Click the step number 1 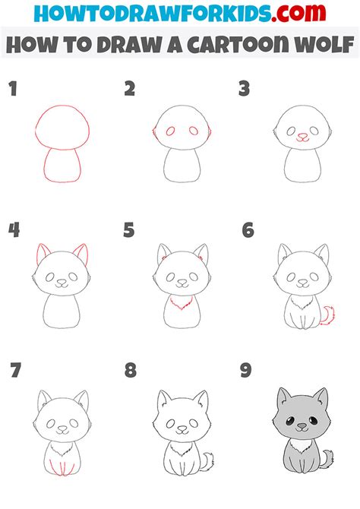(12, 90)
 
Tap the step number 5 (129, 230)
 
